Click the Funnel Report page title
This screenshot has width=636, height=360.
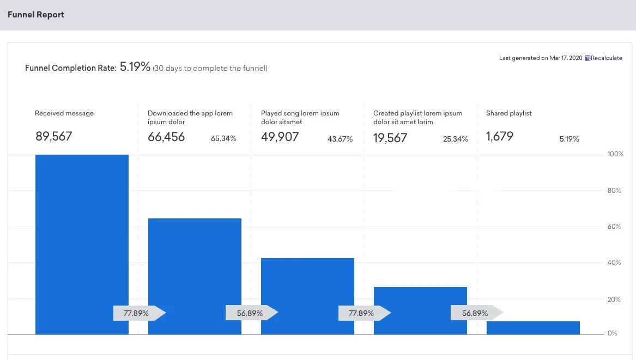coord(36,15)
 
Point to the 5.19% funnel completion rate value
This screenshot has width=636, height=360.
coord(135,67)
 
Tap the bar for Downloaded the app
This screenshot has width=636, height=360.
coord(195,267)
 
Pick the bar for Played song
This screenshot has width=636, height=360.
coord(307,283)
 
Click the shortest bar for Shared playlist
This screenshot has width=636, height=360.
coord(533,328)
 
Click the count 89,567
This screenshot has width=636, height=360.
coord(54,137)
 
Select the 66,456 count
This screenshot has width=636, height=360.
coord(166,137)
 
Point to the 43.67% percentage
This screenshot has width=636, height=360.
coord(340,139)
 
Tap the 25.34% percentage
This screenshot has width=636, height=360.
coord(456,139)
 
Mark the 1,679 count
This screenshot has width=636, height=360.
coord(500,137)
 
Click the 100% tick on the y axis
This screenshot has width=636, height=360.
coord(615,155)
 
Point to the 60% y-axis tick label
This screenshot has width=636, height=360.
coord(614,227)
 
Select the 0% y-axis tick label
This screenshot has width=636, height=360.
coord(613,333)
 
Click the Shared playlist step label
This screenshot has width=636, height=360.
coord(508,113)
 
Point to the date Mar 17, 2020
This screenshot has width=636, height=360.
coord(566,58)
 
